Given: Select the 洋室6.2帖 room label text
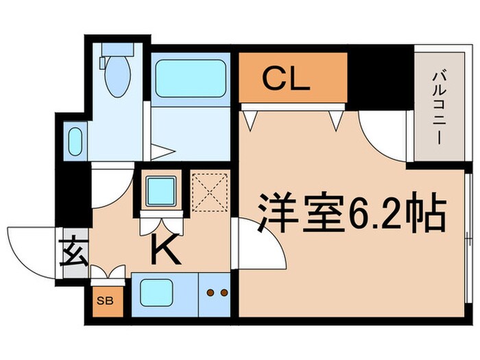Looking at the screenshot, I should click(x=352, y=214).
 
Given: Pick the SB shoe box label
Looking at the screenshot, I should click(x=104, y=300).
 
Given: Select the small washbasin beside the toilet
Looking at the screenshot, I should click(x=75, y=141).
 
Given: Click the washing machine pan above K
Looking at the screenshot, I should click(x=163, y=190).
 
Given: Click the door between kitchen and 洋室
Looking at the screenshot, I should click(x=258, y=243).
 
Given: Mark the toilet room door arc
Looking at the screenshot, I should click(x=111, y=185).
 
